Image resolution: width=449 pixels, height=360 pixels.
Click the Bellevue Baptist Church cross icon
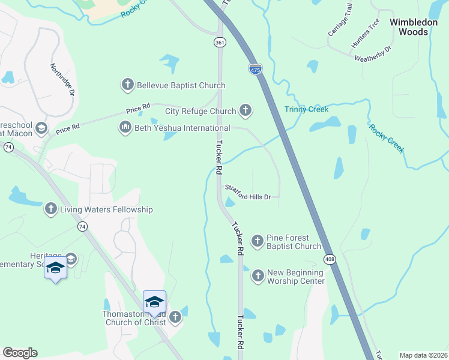coord(127,85)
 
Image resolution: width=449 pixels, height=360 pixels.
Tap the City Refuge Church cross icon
coord(245,110)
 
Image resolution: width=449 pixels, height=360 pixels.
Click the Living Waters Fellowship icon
coord(51,209)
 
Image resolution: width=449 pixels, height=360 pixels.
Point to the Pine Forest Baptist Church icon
coord(258,241)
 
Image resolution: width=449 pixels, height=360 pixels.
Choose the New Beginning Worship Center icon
coord(258,276)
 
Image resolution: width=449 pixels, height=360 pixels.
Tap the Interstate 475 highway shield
coord(255,69)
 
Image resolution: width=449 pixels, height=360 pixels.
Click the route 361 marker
coord(220,43)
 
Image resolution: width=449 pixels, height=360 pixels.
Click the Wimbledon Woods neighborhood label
coord(417,26)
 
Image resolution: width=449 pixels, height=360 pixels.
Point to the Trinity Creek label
coord(307,110)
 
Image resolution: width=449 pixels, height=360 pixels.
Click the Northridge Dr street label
coord(62,80)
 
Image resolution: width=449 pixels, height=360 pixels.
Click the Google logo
coord(20,353)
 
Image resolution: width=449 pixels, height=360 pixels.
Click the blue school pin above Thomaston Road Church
coord(154,302)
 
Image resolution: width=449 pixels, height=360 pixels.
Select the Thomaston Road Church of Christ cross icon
coord(175,317)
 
